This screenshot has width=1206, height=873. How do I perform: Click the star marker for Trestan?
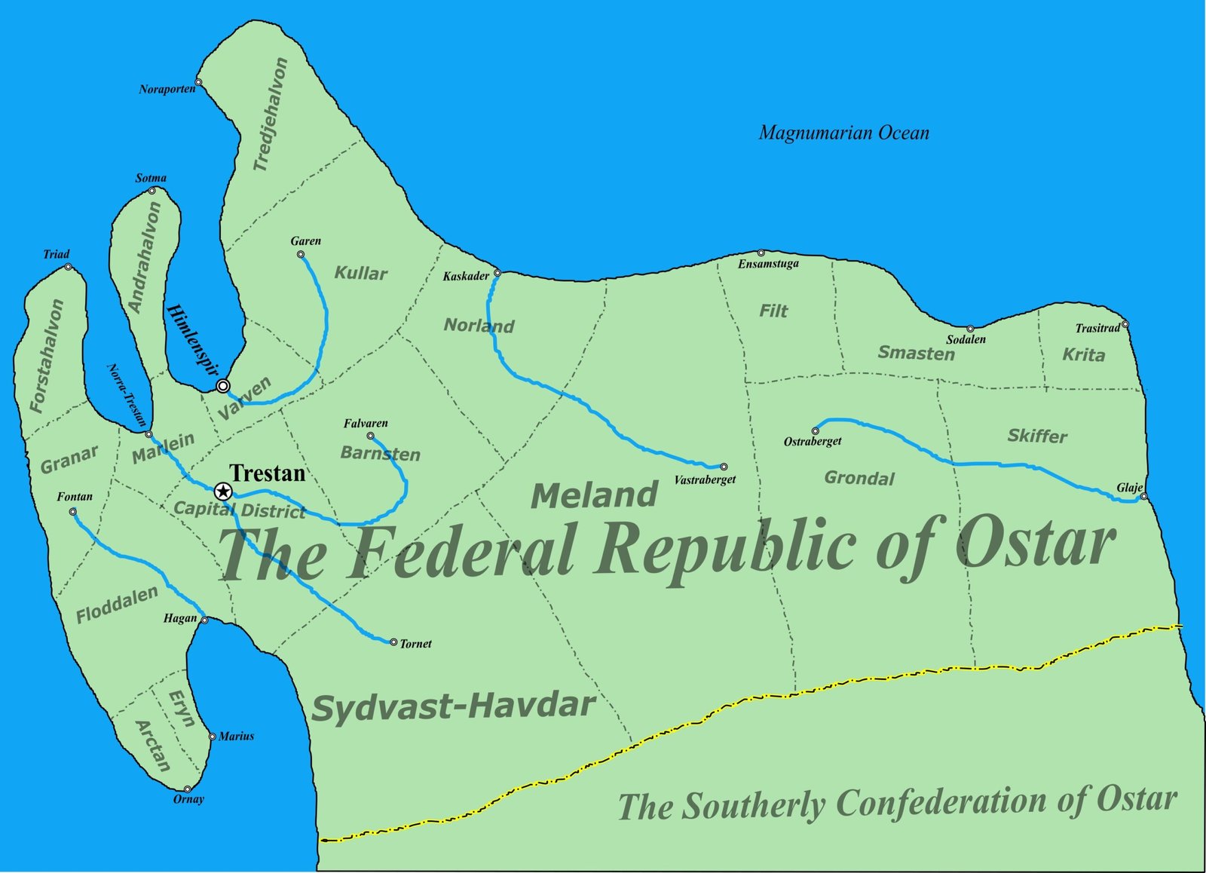pyautogui.click(x=223, y=492)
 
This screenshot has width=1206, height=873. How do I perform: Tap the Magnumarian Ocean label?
pyautogui.click(x=843, y=133)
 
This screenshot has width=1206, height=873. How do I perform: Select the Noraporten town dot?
pyautogui.click(x=198, y=82)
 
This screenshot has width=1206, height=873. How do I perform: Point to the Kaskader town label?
pyautogui.click(x=466, y=277)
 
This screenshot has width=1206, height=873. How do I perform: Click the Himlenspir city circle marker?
pyautogui.click(x=223, y=386)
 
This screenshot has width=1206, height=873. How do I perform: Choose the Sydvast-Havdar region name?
pyautogui.click(x=454, y=707)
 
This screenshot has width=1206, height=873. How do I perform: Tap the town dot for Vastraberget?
pyautogui.click(x=724, y=467)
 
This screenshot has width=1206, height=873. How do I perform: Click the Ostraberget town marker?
pyautogui.click(x=815, y=431)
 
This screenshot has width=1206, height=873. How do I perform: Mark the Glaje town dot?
pyautogui.click(x=1143, y=496)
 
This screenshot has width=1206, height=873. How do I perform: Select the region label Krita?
pyautogui.click(x=1083, y=355)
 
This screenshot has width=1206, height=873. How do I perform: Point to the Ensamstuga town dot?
pyautogui.click(x=761, y=253)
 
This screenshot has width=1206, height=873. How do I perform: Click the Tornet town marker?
pyautogui.click(x=393, y=642)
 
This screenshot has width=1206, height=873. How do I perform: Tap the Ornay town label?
pyautogui.click(x=188, y=800)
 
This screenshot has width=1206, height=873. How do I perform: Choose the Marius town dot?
pyautogui.click(x=212, y=737)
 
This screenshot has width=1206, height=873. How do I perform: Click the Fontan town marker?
pyautogui.click(x=72, y=512)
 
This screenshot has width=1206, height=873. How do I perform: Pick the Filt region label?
pyautogui.click(x=773, y=311)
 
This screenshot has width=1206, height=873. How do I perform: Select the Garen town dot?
pyautogui.click(x=301, y=254)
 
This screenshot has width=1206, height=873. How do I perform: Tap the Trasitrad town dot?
pyautogui.click(x=1125, y=324)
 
